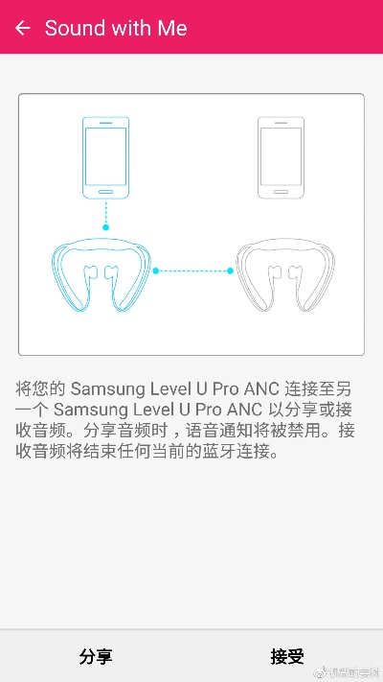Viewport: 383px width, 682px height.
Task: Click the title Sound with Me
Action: [x=115, y=28]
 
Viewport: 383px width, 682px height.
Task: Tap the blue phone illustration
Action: [x=106, y=157]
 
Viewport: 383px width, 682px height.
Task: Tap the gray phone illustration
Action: [x=281, y=157]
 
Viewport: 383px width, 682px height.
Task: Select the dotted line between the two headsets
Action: [x=192, y=270]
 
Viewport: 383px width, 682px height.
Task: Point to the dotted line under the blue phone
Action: [x=106, y=213]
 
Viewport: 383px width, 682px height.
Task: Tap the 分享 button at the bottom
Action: [x=96, y=656]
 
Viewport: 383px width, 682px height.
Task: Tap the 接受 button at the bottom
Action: [x=287, y=656]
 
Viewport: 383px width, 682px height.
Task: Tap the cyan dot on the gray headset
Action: [x=231, y=270]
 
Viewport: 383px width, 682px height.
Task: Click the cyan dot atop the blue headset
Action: [x=106, y=227]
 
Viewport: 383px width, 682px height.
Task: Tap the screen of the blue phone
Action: [x=106, y=156]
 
